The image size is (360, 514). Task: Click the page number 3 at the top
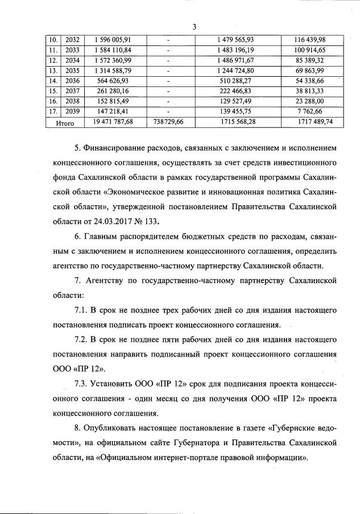coord(195,27)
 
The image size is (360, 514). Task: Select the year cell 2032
coord(74,39)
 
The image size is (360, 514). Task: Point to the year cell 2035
coord(74,70)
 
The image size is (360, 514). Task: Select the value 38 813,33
coord(314,90)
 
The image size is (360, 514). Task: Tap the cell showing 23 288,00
coord(314,101)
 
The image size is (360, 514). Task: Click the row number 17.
coord(52,111)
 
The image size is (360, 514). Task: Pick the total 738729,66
coord(170,122)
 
